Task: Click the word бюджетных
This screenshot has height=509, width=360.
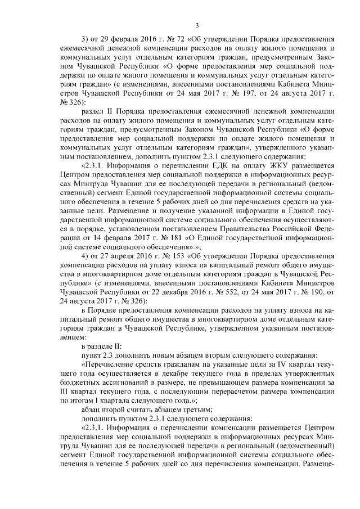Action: [x=77, y=381]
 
